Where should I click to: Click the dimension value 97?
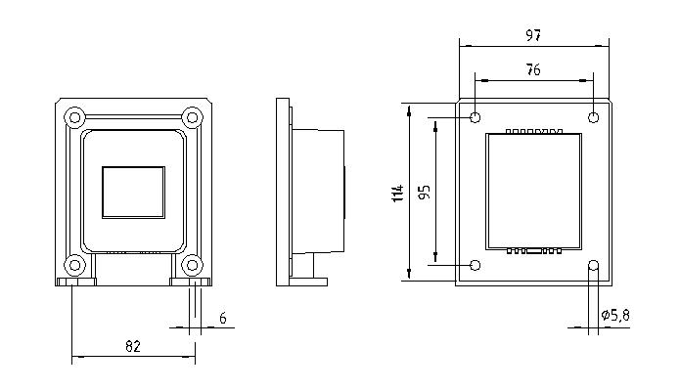tap(533, 35)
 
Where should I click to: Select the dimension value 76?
tap(533, 69)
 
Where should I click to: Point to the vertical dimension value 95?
tap(425, 192)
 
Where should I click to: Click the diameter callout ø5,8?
tap(615, 315)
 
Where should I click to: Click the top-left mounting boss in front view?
tap(74, 117)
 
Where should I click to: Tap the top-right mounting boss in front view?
tap(192, 117)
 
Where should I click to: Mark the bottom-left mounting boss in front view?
tap(74, 265)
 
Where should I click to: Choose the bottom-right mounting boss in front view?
tap(192, 265)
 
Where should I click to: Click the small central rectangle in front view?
tap(134, 193)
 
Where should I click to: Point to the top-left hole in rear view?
tap(476, 117)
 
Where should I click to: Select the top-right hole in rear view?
tap(593, 117)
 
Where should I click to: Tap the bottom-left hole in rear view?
tap(476, 265)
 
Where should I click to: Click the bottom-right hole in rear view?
tap(593, 265)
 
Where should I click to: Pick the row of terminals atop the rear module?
tap(534, 131)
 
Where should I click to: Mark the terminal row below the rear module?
tap(534, 250)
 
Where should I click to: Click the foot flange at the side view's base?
tap(308, 282)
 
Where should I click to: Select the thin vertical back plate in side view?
tap(283, 192)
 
